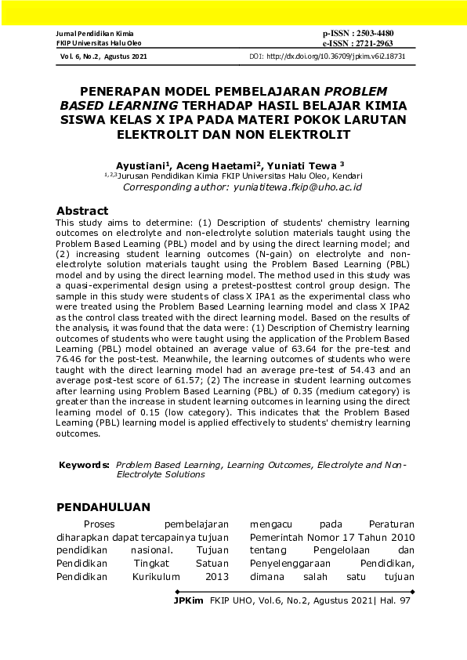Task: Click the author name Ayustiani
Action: point(143,166)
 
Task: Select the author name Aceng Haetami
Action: point(206,166)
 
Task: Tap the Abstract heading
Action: point(82,211)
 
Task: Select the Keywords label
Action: point(84,465)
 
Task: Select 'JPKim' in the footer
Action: point(189,600)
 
